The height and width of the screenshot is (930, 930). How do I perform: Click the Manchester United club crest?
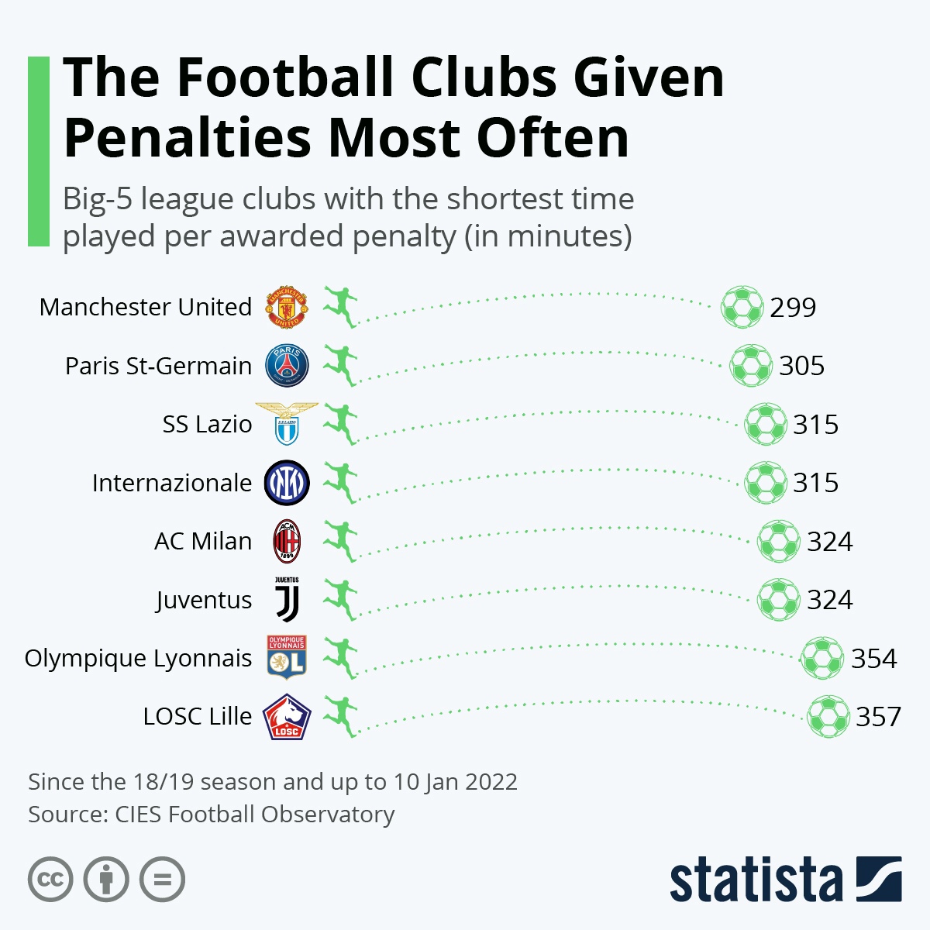tap(287, 308)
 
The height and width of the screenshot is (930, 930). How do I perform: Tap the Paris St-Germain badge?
tap(287, 366)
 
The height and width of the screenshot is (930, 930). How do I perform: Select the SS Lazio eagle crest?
tap(287, 424)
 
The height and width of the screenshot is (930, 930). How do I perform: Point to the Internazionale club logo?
tap(287, 483)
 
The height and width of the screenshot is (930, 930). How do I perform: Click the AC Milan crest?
tap(287, 541)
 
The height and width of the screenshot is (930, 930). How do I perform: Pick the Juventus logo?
tap(287, 600)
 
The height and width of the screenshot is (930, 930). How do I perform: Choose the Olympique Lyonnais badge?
tap(287, 658)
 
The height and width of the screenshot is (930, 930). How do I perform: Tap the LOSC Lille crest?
tap(287, 717)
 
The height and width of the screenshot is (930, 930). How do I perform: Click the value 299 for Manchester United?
tap(793, 308)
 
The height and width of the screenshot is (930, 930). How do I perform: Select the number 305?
tap(802, 366)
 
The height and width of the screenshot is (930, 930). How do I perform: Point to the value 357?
tap(878, 717)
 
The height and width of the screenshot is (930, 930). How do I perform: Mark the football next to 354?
tap(821, 658)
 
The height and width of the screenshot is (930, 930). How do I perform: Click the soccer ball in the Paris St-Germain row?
tap(751, 366)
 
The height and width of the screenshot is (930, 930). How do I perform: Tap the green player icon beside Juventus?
tap(340, 600)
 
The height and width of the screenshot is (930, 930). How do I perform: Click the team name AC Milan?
tap(203, 541)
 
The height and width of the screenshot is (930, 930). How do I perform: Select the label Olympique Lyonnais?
tap(138, 658)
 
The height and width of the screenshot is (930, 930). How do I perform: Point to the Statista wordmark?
tap(756, 880)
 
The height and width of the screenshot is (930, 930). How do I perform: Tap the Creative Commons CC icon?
tap(50, 880)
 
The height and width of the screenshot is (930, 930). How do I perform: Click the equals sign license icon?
tap(162, 880)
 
